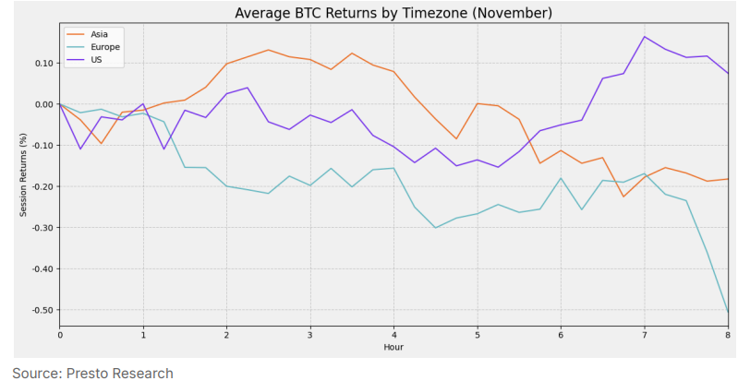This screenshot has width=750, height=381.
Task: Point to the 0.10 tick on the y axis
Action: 42,64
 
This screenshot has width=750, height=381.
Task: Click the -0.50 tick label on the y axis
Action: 40,310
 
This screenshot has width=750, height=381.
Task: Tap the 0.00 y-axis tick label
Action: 42,104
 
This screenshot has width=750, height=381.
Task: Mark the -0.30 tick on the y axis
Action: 40,228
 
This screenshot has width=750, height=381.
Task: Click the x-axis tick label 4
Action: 394,335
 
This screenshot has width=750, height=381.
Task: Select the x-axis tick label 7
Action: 645,335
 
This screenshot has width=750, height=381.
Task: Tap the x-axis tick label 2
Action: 226,335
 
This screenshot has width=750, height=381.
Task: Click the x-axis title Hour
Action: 393,348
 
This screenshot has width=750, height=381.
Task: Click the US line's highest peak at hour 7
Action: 645,37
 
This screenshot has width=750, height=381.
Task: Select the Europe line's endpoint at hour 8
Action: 728,311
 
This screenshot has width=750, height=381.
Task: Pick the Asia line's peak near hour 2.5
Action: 268,50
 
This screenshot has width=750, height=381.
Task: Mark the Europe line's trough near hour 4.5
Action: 435,228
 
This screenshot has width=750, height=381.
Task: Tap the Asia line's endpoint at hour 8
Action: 728,179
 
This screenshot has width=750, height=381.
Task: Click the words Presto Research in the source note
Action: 118,373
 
